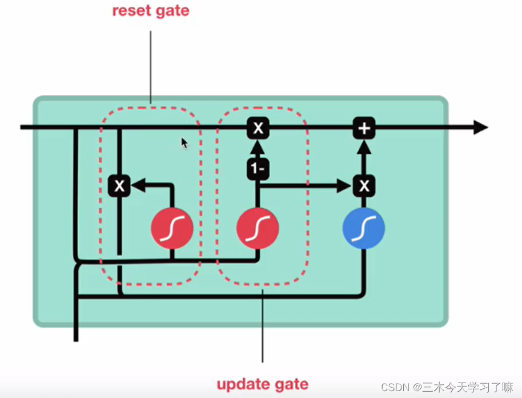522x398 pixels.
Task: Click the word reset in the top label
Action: [129, 11]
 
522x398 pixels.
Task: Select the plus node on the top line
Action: [364, 128]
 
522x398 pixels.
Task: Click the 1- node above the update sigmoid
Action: [258, 169]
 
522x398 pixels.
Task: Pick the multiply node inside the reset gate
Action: [119, 185]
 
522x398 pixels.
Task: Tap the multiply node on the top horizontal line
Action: [258, 128]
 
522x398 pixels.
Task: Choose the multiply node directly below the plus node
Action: [364, 185]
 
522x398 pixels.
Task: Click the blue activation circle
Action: [364, 229]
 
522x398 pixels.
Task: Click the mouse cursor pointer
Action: [184, 143]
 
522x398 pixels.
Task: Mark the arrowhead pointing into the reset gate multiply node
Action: [138, 185]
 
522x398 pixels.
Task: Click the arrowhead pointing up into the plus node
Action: [364, 148]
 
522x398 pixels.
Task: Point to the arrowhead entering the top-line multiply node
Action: [258, 148]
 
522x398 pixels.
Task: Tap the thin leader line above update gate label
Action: [263, 326]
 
